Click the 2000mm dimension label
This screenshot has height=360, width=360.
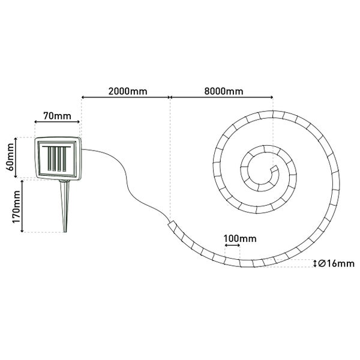point(128,91)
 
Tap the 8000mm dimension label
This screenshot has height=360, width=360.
point(224,91)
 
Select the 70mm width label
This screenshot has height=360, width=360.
point(57,116)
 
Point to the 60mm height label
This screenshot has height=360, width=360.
point(10,157)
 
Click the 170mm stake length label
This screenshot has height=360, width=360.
point(16,206)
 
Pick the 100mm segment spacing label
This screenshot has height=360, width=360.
point(240,239)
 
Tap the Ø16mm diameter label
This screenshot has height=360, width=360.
point(337,263)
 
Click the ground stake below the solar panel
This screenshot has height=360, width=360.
point(65,206)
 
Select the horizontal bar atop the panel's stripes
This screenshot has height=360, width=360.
point(56,146)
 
